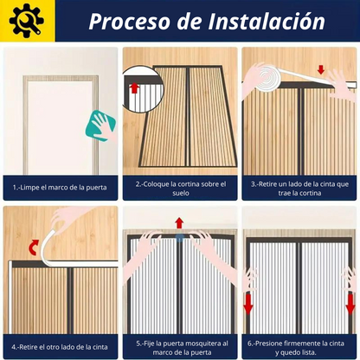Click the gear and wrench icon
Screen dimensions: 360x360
(26, 20)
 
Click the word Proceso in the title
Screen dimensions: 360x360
(129, 22)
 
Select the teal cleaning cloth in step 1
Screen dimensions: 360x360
(100, 125)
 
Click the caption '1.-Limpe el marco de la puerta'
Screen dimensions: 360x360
(60, 188)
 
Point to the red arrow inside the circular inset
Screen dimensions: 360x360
(133, 87)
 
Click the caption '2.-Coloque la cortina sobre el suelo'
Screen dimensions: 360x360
(181, 189)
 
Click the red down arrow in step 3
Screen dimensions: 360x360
(321, 69)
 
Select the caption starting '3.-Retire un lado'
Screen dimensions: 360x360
(299, 189)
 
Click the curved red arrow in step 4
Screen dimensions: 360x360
(34, 247)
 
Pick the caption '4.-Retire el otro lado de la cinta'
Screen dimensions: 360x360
(60, 347)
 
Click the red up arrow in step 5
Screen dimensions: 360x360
(179, 223)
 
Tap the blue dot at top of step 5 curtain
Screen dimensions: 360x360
(180, 238)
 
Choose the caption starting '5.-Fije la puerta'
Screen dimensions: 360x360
(182, 348)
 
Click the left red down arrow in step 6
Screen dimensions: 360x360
(248, 305)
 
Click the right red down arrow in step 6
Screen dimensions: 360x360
(350, 305)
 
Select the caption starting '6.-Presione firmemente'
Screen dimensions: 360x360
(296, 348)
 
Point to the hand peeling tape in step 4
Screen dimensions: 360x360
(69, 217)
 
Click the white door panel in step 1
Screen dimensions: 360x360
(60, 127)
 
